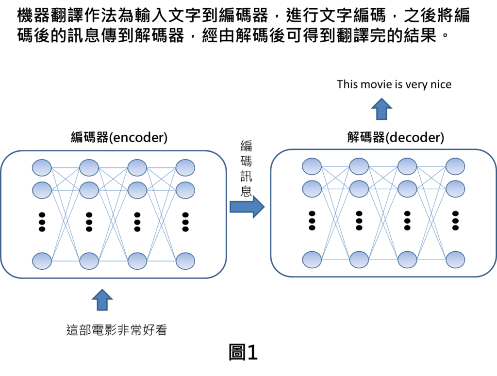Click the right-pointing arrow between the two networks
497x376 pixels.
click(x=247, y=207)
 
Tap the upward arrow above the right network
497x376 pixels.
click(x=381, y=109)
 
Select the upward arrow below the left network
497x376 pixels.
click(x=102, y=300)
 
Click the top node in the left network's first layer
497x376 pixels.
click(x=42, y=168)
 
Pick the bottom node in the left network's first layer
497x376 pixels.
click(x=42, y=261)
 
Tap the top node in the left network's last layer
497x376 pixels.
click(x=185, y=168)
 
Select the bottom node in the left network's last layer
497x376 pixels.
click(x=185, y=261)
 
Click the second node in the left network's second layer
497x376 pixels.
click(x=89, y=190)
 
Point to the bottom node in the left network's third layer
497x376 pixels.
click(x=137, y=261)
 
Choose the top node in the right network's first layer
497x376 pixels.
click(x=312, y=166)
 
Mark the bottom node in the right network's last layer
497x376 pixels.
click(x=455, y=260)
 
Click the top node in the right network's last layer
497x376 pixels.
click(x=455, y=166)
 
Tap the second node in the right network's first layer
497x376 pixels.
click(x=312, y=189)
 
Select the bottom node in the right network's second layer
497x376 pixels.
click(x=359, y=260)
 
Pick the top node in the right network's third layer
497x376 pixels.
click(x=407, y=166)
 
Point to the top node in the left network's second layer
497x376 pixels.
click(x=89, y=168)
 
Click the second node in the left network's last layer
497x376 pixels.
click(x=185, y=190)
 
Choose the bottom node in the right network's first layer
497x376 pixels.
click(x=312, y=260)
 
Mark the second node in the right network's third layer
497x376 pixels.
click(x=407, y=189)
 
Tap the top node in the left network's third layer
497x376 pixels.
click(x=137, y=168)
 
